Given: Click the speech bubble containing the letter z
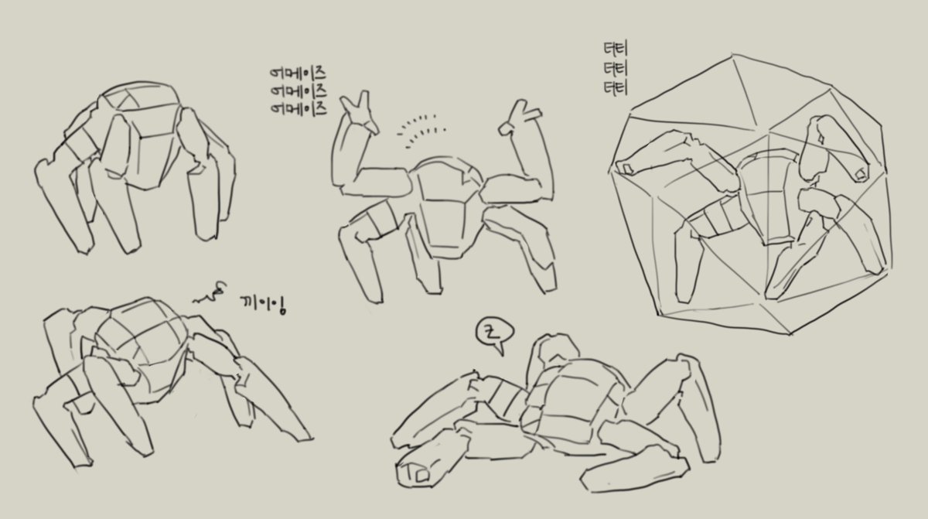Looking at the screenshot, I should click(x=490, y=334).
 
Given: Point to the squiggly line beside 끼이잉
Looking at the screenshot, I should click(x=211, y=292).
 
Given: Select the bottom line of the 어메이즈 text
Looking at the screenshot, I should click(x=298, y=108).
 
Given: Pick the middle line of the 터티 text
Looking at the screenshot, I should click(x=616, y=70).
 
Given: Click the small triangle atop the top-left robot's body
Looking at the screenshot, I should click(x=131, y=99).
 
